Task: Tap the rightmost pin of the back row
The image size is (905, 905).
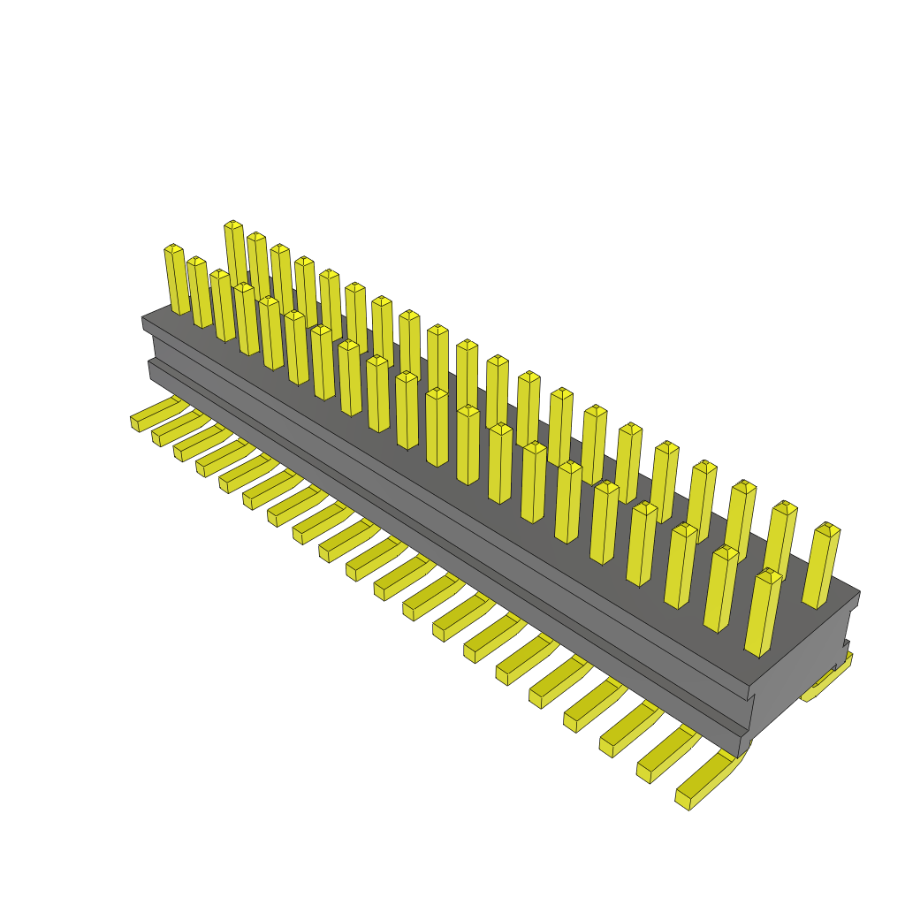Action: click(822, 566)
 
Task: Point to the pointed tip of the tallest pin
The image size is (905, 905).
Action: click(233, 224)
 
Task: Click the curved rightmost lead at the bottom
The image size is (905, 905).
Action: click(707, 782)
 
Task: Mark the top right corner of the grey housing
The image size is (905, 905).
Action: click(858, 593)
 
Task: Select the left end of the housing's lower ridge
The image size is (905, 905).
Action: click(151, 369)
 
